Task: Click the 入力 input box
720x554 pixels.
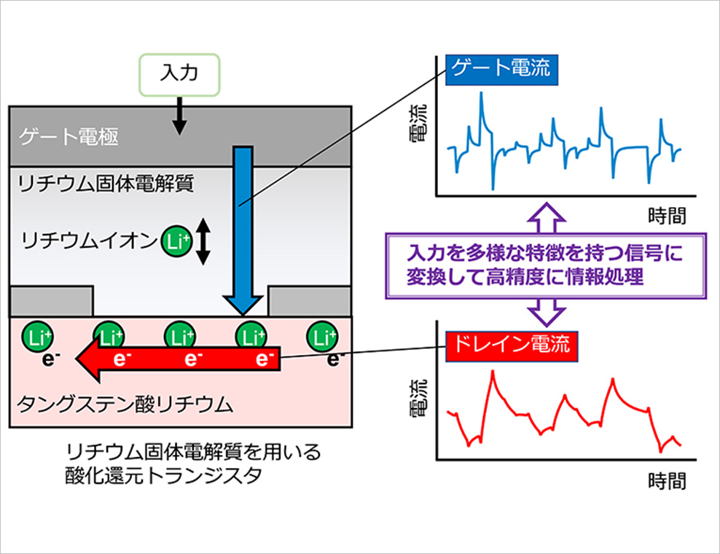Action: click(x=179, y=75)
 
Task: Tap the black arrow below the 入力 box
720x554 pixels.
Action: click(x=179, y=115)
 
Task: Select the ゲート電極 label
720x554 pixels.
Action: click(x=69, y=136)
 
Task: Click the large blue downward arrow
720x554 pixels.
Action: click(x=243, y=230)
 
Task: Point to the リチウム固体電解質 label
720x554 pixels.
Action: click(x=105, y=183)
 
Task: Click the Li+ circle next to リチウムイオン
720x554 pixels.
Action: click(x=176, y=241)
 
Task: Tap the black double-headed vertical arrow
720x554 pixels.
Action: click(x=203, y=241)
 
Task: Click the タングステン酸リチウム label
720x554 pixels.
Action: click(x=125, y=405)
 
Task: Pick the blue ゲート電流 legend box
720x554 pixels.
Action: click(x=501, y=70)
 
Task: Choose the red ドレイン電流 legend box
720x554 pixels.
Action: click(x=512, y=346)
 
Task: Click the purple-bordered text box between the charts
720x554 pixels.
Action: click(x=546, y=265)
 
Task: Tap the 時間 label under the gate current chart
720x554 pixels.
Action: click(x=668, y=216)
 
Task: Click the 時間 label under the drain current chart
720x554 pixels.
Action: click(x=668, y=481)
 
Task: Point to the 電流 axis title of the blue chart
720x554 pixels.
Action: click(x=418, y=123)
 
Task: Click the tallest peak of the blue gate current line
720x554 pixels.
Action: click(x=481, y=93)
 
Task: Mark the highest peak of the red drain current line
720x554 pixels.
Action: click(x=493, y=371)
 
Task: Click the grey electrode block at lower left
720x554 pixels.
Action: click(x=52, y=301)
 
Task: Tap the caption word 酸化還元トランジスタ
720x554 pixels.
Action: click(x=163, y=475)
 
